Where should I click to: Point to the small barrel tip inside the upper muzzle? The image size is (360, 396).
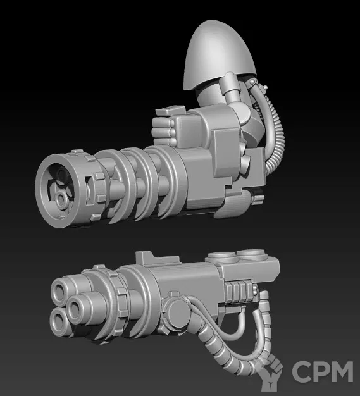point(61,198)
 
